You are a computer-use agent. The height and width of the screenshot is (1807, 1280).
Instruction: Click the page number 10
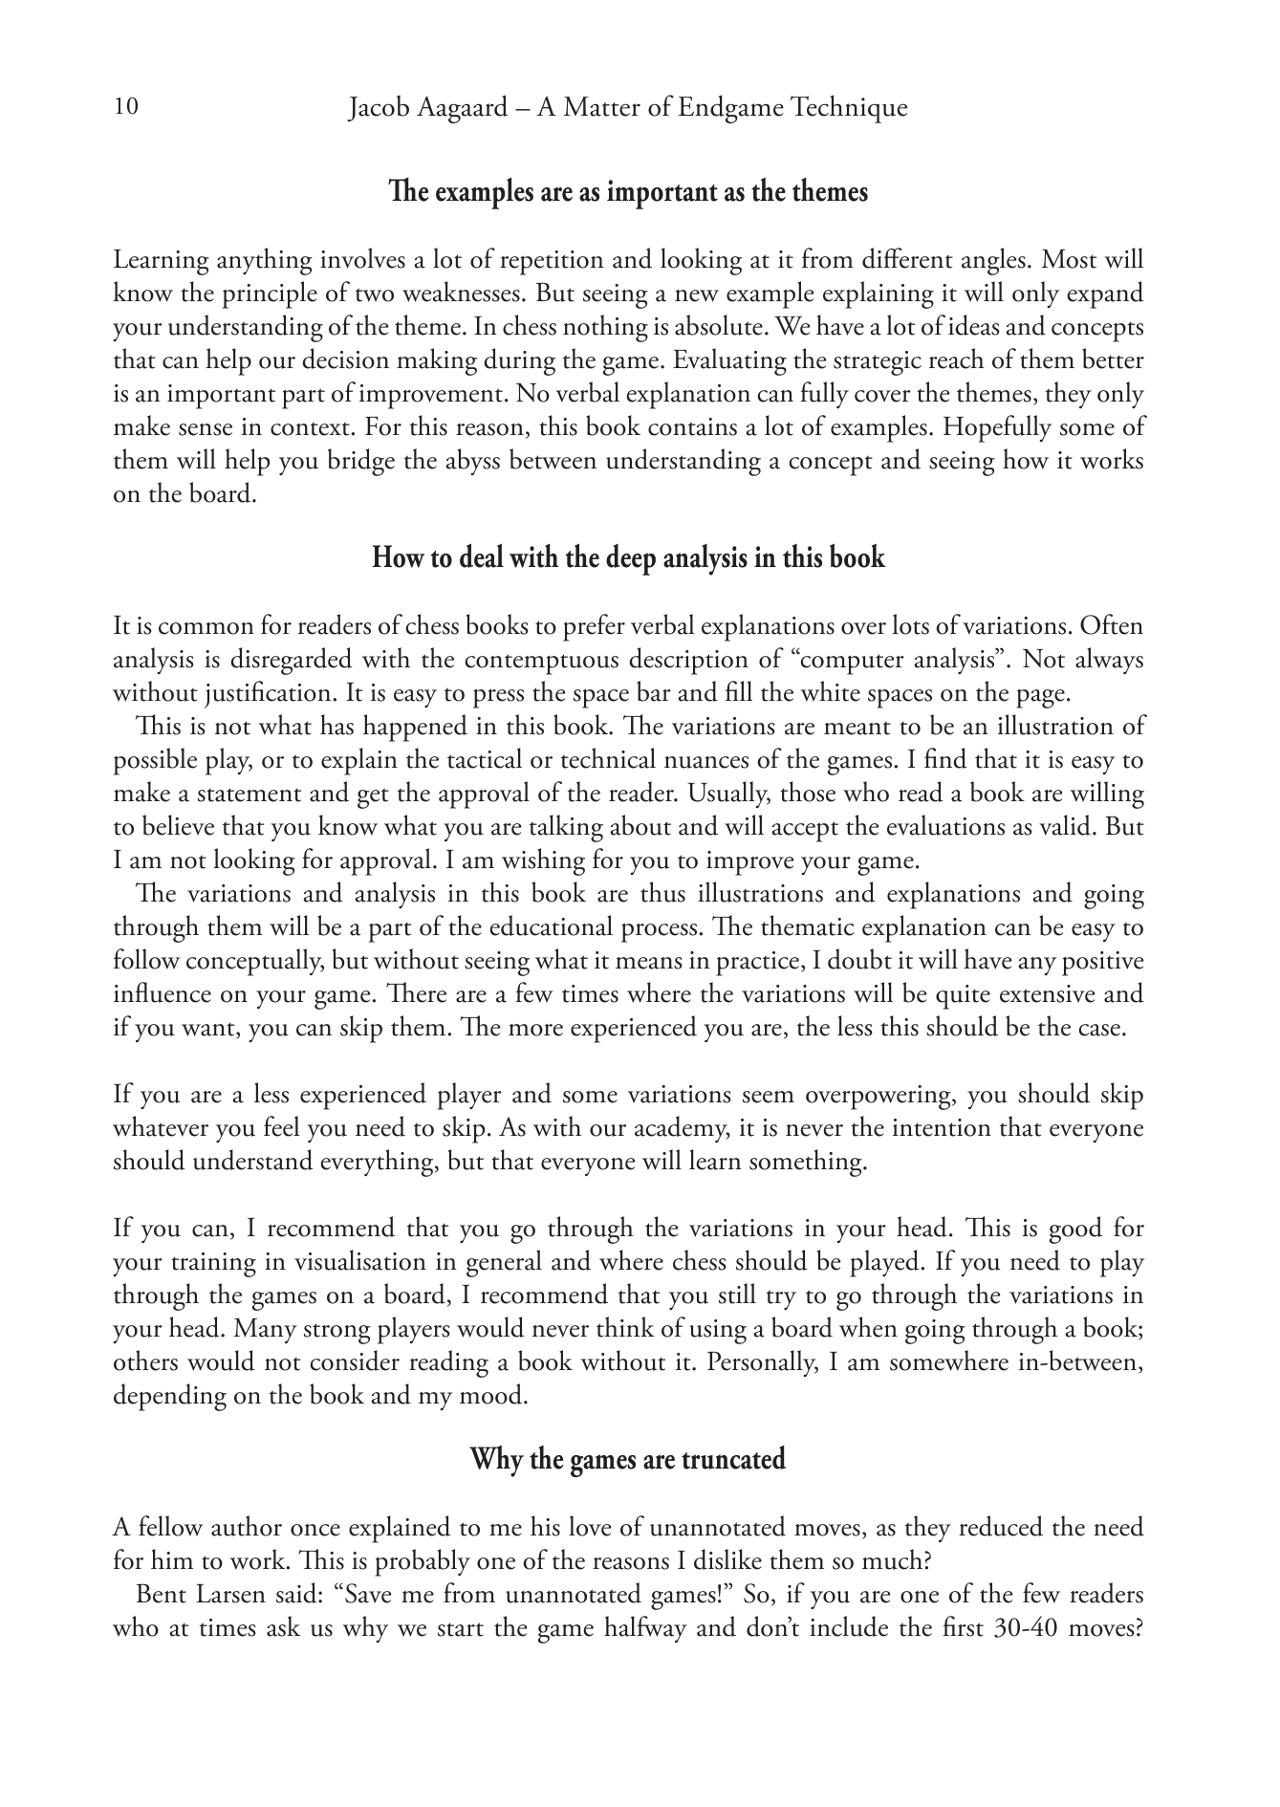pyautogui.click(x=125, y=106)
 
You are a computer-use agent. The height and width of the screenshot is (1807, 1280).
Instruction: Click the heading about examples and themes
pyautogui.click(x=628, y=192)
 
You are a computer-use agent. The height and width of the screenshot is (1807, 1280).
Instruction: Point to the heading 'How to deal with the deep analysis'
pyautogui.click(x=628, y=558)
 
